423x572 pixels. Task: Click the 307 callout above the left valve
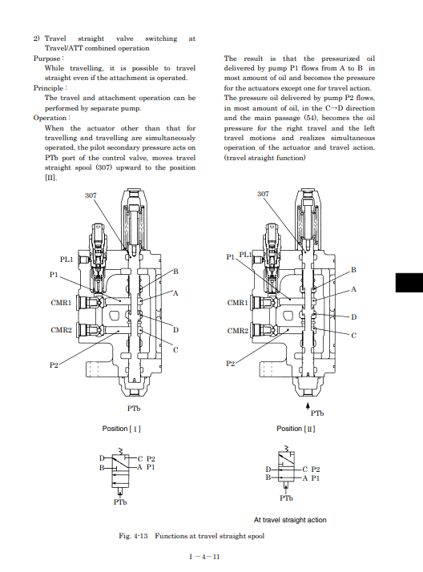(x=91, y=195)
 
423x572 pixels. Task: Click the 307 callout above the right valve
(x=263, y=194)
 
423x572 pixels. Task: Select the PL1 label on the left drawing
(x=66, y=260)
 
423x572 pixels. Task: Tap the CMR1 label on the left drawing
(x=61, y=302)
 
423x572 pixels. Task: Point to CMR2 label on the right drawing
(x=237, y=331)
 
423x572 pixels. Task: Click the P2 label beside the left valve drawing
(x=54, y=365)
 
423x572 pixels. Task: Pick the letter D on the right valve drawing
(x=353, y=317)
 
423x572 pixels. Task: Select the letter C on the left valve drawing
(x=175, y=350)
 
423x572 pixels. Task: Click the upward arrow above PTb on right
(x=308, y=406)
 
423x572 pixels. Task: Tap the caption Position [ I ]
(x=122, y=429)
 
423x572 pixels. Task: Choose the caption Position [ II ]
(x=296, y=429)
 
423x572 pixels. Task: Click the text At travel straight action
(x=290, y=520)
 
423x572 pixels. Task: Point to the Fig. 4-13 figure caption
(x=191, y=536)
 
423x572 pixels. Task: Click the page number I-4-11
(x=204, y=557)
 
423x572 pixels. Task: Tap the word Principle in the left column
(x=48, y=88)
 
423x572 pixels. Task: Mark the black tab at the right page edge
(x=409, y=282)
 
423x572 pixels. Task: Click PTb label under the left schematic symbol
(x=120, y=502)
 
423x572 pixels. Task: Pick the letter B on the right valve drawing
(x=353, y=270)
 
